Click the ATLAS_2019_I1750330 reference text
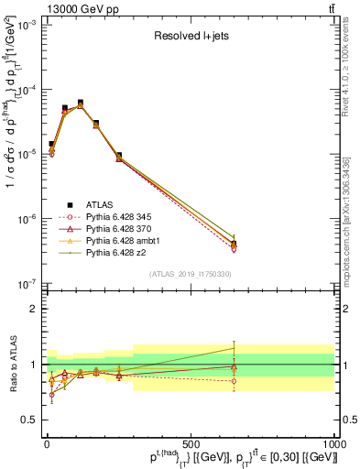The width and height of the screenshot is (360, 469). click(191, 274)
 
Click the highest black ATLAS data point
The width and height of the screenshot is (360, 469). click(80, 103)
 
